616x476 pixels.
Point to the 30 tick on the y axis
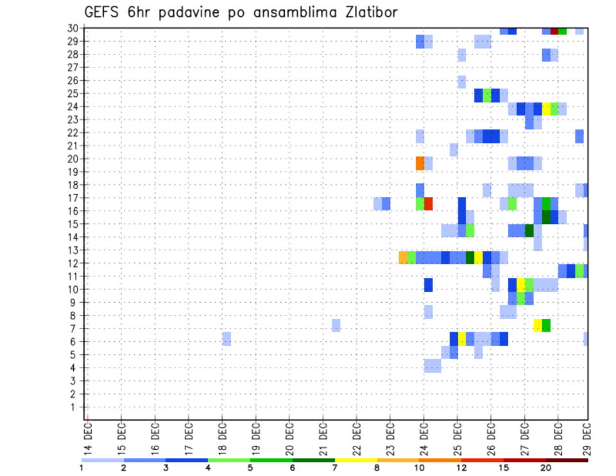[x=73, y=28]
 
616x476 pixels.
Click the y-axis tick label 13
[x=73, y=250]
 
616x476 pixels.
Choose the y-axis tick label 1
[x=74, y=407]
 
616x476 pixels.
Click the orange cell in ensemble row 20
[x=420, y=163]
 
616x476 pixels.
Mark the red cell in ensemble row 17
[x=428, y=203]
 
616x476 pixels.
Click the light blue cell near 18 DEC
[x=227, y=338]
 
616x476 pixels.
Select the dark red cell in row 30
[x=554, y=31]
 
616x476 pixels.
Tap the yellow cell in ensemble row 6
[x=462, y=338]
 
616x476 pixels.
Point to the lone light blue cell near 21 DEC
[x=336, y=325]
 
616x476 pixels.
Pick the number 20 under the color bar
[x=545, y=468]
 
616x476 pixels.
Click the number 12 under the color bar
[x=461, y=468]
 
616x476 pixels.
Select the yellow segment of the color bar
[x=356, y=460]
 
